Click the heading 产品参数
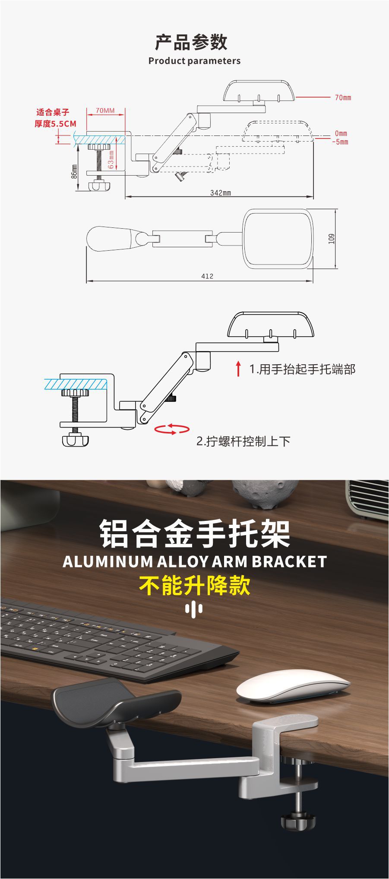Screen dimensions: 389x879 [191, 42]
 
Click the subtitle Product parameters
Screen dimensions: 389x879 [194, 61]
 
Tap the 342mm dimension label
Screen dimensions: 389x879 [221, 192]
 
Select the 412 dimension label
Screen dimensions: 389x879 [207, 276]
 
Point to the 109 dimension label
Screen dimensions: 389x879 [332, 239]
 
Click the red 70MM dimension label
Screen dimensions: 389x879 [105, 110]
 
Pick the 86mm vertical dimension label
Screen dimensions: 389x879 [74, 171]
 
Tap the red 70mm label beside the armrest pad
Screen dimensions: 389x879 [343, 98]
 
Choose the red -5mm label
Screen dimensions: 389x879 [340, 142]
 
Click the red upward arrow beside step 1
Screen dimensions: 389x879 [238, 369]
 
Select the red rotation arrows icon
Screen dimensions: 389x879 [172, 429]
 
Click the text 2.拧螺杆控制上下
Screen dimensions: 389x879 [244, 441]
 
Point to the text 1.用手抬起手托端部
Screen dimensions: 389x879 [302, 369]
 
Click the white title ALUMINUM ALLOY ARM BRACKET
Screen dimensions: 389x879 [195, 561]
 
